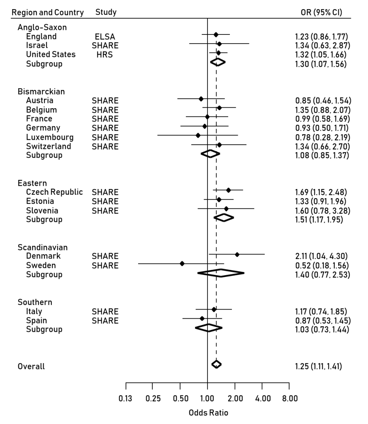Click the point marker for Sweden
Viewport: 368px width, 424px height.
point(182,263)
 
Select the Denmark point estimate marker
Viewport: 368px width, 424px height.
point(237,254)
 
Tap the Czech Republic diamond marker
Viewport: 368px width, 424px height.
point(228,190)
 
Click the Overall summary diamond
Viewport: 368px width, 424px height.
point(216,364)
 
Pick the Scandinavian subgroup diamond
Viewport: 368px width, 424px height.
point(221,272)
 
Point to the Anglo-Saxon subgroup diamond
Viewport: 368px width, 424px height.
point(218,62)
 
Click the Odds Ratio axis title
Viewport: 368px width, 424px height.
point(208,413)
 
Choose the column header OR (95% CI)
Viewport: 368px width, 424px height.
point(322,12)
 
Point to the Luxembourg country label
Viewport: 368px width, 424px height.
point(50,137)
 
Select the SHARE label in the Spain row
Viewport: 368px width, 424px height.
point(105,320)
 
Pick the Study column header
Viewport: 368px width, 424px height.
point(106,12)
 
